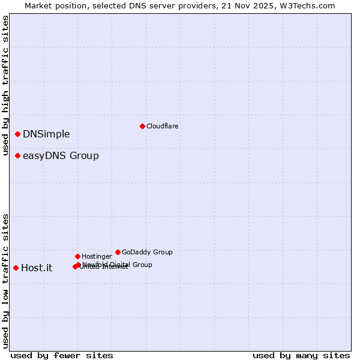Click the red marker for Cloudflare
click(142, 126)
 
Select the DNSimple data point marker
click(18, 134)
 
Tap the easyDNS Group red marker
click(18, 156)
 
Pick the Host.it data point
click(16, 268)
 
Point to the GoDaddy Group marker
click(118, 252)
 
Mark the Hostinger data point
click(77, 256)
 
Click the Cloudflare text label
click(163, 126)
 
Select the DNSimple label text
click(46, 134)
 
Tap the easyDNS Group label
click(61, 156)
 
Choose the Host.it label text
click(37, 268)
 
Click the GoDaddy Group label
click(147, 252)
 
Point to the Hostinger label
click(97, 256)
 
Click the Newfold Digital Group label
click(118, 264)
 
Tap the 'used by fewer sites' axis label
click(62, 355)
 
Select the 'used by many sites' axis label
click(301, 355)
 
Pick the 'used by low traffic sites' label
click(6, 281)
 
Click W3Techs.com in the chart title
click(305, 5)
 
